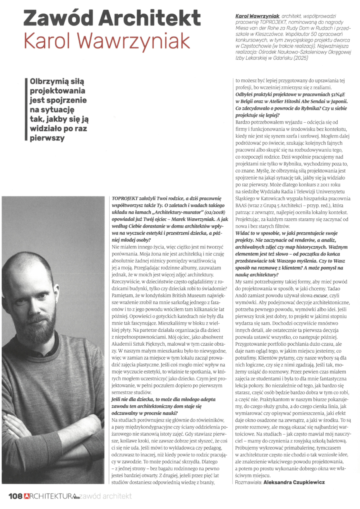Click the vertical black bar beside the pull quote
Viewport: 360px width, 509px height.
click(26, 110)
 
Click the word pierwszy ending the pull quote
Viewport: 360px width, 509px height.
click(47, 138)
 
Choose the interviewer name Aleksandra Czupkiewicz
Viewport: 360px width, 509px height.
click(294, 482)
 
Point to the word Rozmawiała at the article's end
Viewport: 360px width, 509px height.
click(248, 482)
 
